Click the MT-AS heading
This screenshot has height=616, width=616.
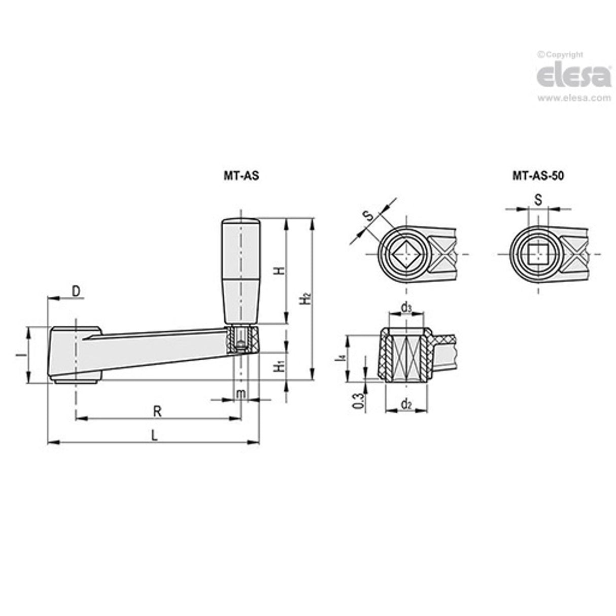tap(242, 176)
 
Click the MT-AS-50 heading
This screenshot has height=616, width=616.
tap(538, 176)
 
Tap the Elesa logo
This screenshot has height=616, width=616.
tap(574, 76)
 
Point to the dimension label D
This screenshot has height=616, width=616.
tap(75, 291)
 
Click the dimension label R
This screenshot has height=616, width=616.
tap(157, 411)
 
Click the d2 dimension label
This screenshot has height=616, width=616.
tap(406, 404)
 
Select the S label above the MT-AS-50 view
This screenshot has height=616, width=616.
tap(538, 200)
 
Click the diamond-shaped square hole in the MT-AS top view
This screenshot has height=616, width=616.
tap(405, 254)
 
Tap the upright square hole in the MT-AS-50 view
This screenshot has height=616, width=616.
tap(537, 254)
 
